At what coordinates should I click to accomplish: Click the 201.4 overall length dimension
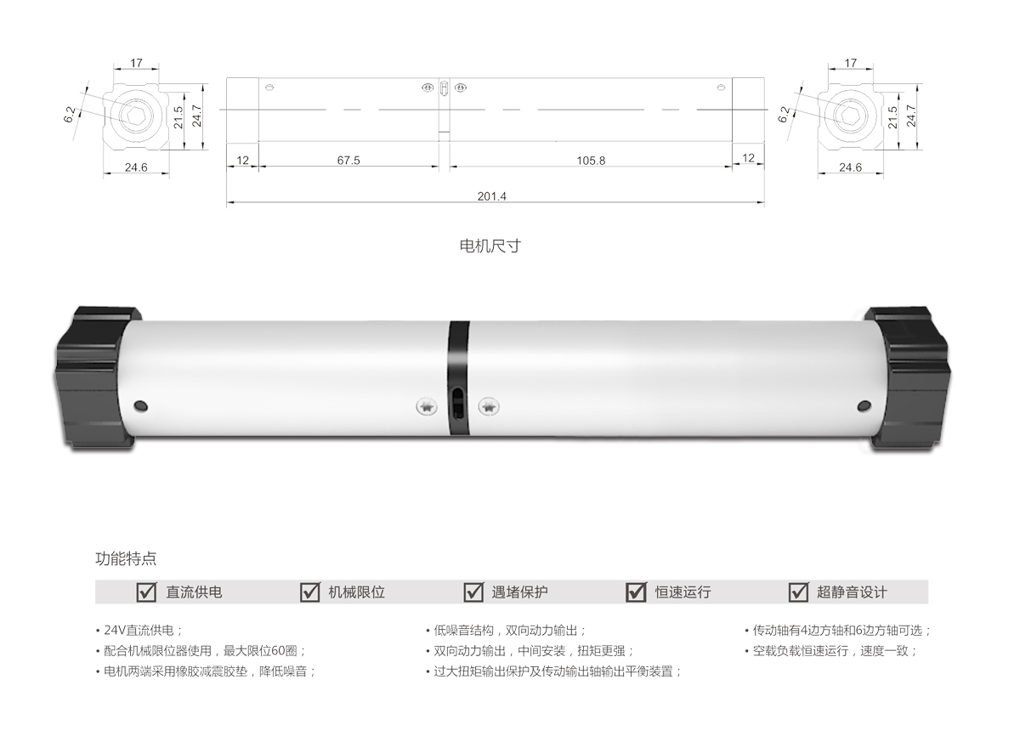[x=492, y=196]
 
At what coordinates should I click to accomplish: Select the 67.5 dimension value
[x=348, y=160]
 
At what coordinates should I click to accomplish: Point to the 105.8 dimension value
[x=591, y=160]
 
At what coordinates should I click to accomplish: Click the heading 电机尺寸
[x=489, y=246]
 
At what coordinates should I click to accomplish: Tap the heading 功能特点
[x=126, y=559]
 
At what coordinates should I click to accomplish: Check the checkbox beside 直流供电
[x=147, y=592]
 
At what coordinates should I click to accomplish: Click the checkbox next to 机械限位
[x=310, y=592]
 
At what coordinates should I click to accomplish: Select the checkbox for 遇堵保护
[x=473, y=592]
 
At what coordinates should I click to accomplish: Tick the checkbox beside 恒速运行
[x=636, y=592]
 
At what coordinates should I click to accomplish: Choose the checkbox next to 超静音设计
[x=798, y=592]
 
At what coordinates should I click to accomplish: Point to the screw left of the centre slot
[x=426, y=407]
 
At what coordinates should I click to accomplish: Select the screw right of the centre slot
[x=488, y=407]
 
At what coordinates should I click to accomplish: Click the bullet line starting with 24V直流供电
[x=140, y=631]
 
